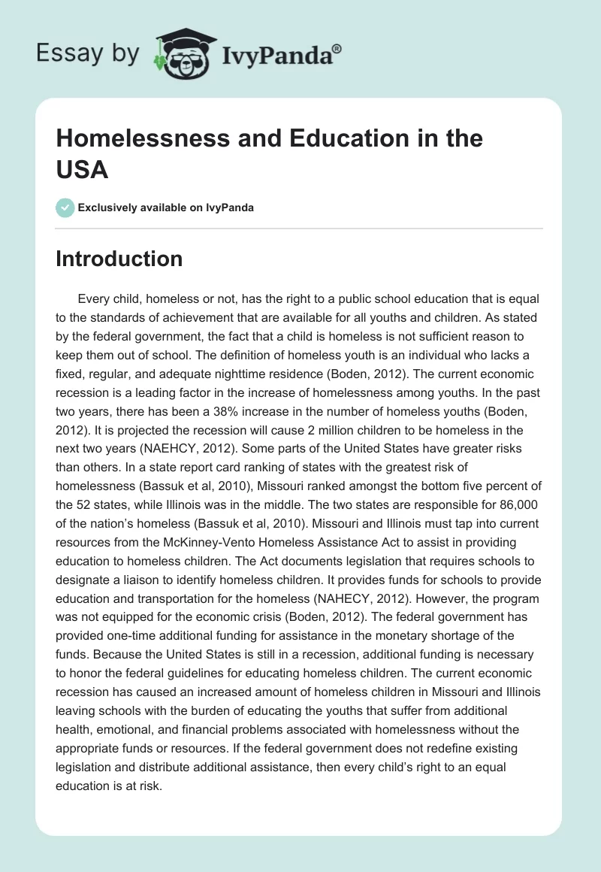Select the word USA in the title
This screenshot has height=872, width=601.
[x=83, y=169]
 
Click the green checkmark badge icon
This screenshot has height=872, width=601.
[x=65, y=208]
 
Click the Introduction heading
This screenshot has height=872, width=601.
[x=119, y=259]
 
